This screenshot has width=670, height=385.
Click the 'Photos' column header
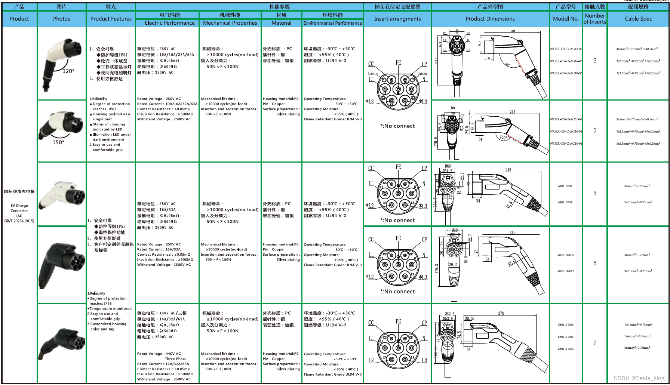pos(61,19)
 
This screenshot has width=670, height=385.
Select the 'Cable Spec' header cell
pos(638,19)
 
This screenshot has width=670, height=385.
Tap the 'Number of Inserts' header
pos(594,19)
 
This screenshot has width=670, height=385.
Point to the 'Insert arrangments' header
pos(397,19)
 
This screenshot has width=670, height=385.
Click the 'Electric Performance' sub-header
pos(170,23)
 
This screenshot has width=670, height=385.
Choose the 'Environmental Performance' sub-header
pos(332,23)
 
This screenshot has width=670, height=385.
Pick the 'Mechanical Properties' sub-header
pos(230,23)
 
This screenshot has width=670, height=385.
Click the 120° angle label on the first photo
pos(68,71)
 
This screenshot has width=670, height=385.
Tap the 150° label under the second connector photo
pos(58,142)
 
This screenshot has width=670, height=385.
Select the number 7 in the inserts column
pos(595,343)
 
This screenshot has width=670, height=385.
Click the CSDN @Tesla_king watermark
pos(639,378)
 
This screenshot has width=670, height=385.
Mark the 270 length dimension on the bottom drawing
pos(501,313)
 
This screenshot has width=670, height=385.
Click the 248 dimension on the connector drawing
pos(508,170)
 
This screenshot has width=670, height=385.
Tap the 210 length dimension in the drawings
pos(512,232)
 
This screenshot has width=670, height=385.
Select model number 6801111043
pos(566,325)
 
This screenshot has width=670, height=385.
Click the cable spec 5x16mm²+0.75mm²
pos(638,325)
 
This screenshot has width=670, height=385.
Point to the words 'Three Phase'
pos(175,359)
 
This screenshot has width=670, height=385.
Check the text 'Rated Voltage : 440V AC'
pos(159,354)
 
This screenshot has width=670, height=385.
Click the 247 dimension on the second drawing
pos(512,112)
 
